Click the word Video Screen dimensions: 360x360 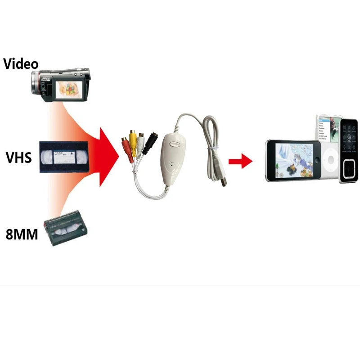coord(21,63)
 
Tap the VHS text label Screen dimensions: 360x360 coord(19,157)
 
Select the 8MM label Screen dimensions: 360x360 coord(22,235)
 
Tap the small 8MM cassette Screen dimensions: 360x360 coord(66,231)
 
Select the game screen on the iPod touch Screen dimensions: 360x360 coord(293,160)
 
